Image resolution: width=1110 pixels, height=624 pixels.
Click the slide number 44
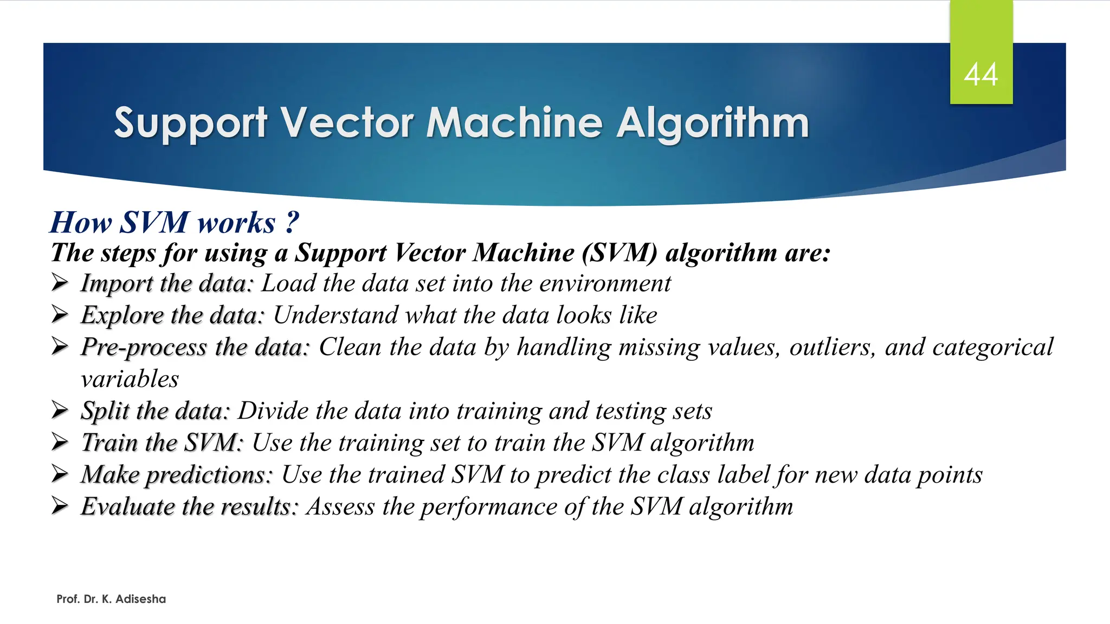point(980,74)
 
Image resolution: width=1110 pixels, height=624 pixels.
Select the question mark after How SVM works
point(292,222)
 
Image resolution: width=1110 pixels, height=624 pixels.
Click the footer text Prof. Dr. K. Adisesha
point(111,599)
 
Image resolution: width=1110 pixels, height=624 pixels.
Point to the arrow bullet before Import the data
point(60,283)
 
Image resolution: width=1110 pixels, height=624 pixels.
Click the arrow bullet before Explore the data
point(60,315)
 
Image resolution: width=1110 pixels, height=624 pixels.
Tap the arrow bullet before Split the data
point(60,411)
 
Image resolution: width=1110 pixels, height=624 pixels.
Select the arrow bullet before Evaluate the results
point(60,506)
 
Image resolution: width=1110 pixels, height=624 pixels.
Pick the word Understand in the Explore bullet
point(335,315)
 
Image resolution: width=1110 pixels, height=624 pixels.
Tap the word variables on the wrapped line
point(130,379)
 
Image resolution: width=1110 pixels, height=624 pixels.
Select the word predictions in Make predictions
point(209,475)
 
